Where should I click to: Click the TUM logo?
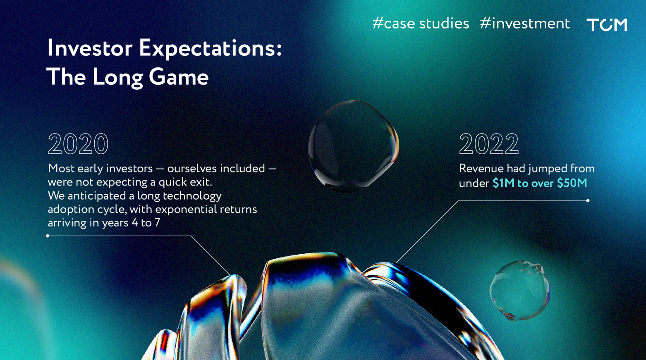click(x=607, y=24)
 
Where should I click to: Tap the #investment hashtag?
click(x=525, y=23)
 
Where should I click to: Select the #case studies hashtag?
click(x=421, y=23)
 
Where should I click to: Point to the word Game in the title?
click(x=179, y=78)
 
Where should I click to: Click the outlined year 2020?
click(x=78, y=143)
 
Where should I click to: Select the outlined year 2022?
click(x=489, y=143)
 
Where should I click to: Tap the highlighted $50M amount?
click(x=572, y=183)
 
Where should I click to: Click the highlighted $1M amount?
click(x=504, y=183)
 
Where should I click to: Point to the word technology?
click(x=192, y=196)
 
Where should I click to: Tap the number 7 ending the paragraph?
click(x=157, y=223)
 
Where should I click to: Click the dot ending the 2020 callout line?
click(x=48, y=236)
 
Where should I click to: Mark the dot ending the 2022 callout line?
click(x=588, y=200)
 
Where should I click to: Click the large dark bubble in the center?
click(x=353, y=146)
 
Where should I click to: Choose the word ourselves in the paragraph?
click(x=191, y=168)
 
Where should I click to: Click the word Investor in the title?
click(x=90, y=48)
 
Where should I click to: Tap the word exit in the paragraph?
click(x=203, y=182)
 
